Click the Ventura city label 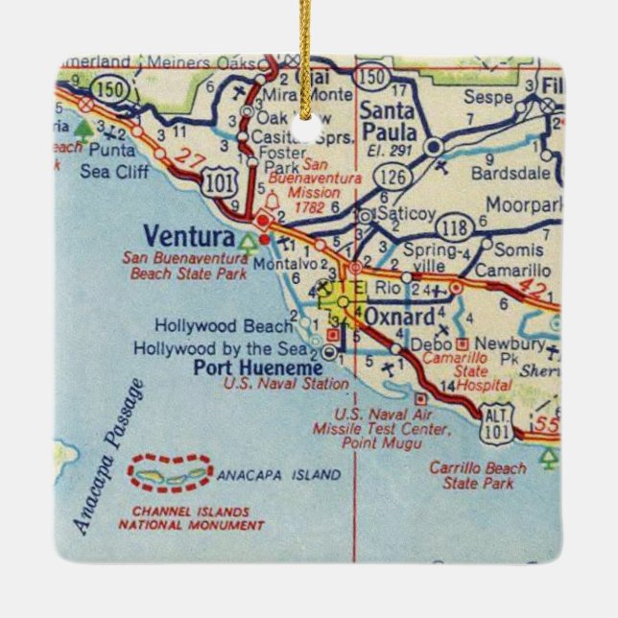coord(188,236)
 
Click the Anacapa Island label coord(279,475)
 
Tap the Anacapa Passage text coord(107,455)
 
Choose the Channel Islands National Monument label coord(190,518)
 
